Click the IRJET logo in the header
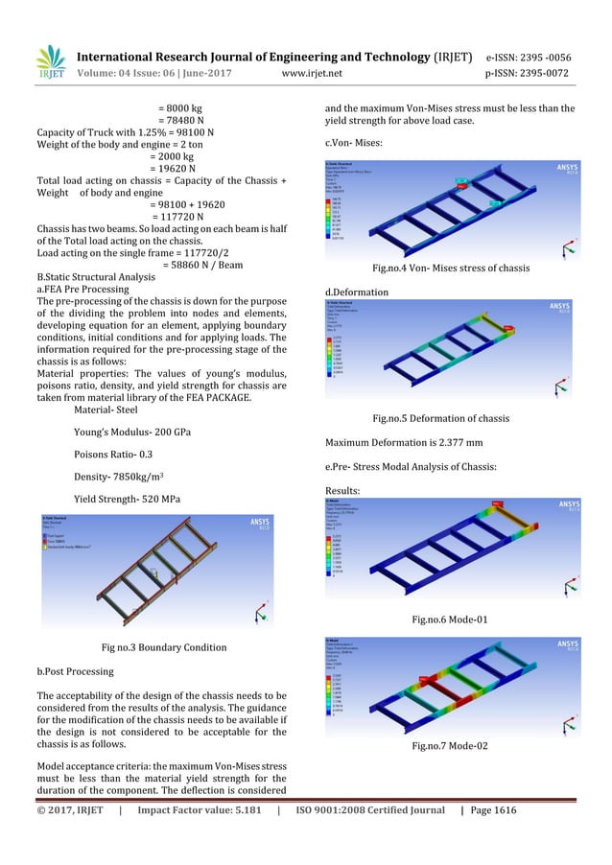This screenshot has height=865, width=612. (50, 62)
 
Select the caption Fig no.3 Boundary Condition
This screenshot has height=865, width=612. (164, 646)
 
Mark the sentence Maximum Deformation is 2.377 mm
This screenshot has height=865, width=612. (402, 442)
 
